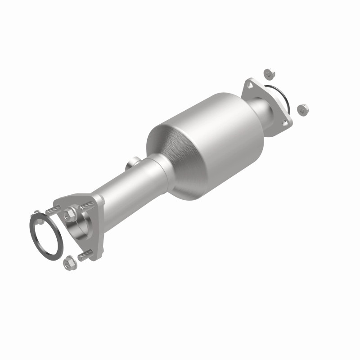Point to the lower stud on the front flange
tap(85, 256)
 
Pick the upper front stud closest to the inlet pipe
tap(86, 207)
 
